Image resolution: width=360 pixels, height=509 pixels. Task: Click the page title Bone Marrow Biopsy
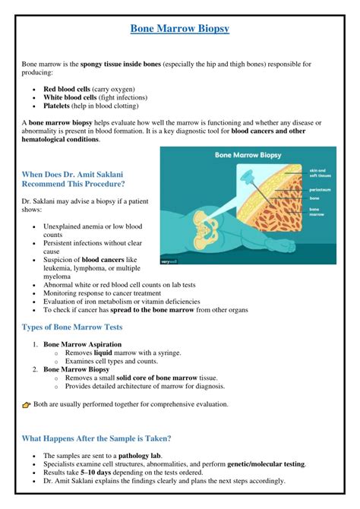(179, 29)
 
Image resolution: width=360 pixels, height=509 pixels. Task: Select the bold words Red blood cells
(67, 89)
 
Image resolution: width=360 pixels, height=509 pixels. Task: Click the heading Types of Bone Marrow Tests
(72, 327)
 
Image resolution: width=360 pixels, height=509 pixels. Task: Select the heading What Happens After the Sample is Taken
(96, 438)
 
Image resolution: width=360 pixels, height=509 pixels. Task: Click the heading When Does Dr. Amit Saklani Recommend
(73, 179)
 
